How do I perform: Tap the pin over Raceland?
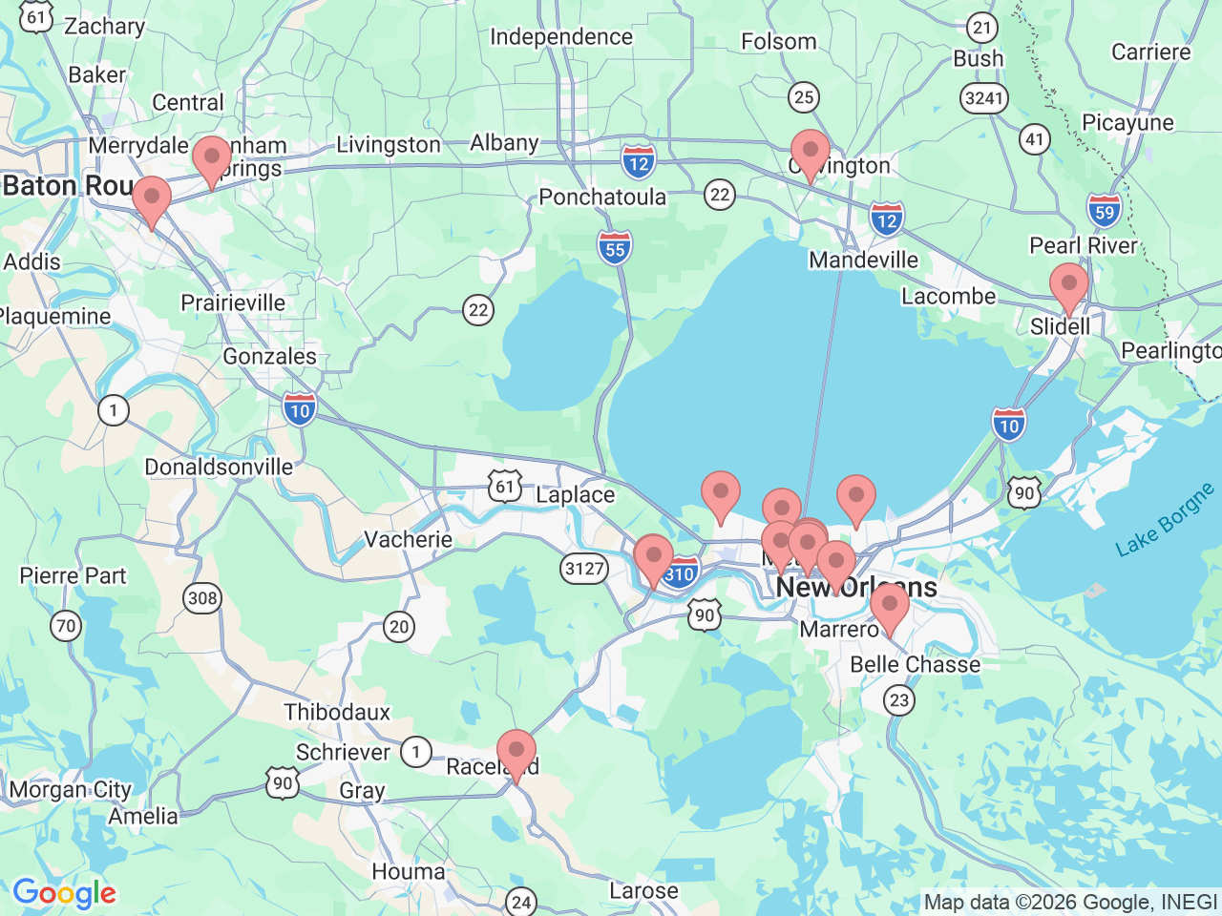(x=516, y=752)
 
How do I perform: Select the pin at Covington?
(x=810, y=153)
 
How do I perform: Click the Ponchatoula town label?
(x=602, y=197)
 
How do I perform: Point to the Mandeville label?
(x=863, y=260)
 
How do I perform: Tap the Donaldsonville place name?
(x=219, y=467)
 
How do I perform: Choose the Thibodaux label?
(x=337, y=712)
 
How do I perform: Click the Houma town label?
(x=408, y=871)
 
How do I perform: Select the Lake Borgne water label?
(x=1165, y=519)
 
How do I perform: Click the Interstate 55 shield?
(x=615, y=249)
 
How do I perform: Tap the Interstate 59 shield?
(x=1105, y=211)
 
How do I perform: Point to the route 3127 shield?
(x=584, y=569)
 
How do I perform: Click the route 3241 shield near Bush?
(x=984, y=97)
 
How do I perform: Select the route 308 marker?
(x=202, y=598)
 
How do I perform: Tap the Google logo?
(x=64, y=893)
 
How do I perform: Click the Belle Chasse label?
(x=915, y=664)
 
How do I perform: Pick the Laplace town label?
(x=575, y=494)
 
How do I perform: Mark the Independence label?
(x=560, y=36)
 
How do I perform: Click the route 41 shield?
(x=1035, y=139)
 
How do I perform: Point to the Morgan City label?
(x=70, y=789)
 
